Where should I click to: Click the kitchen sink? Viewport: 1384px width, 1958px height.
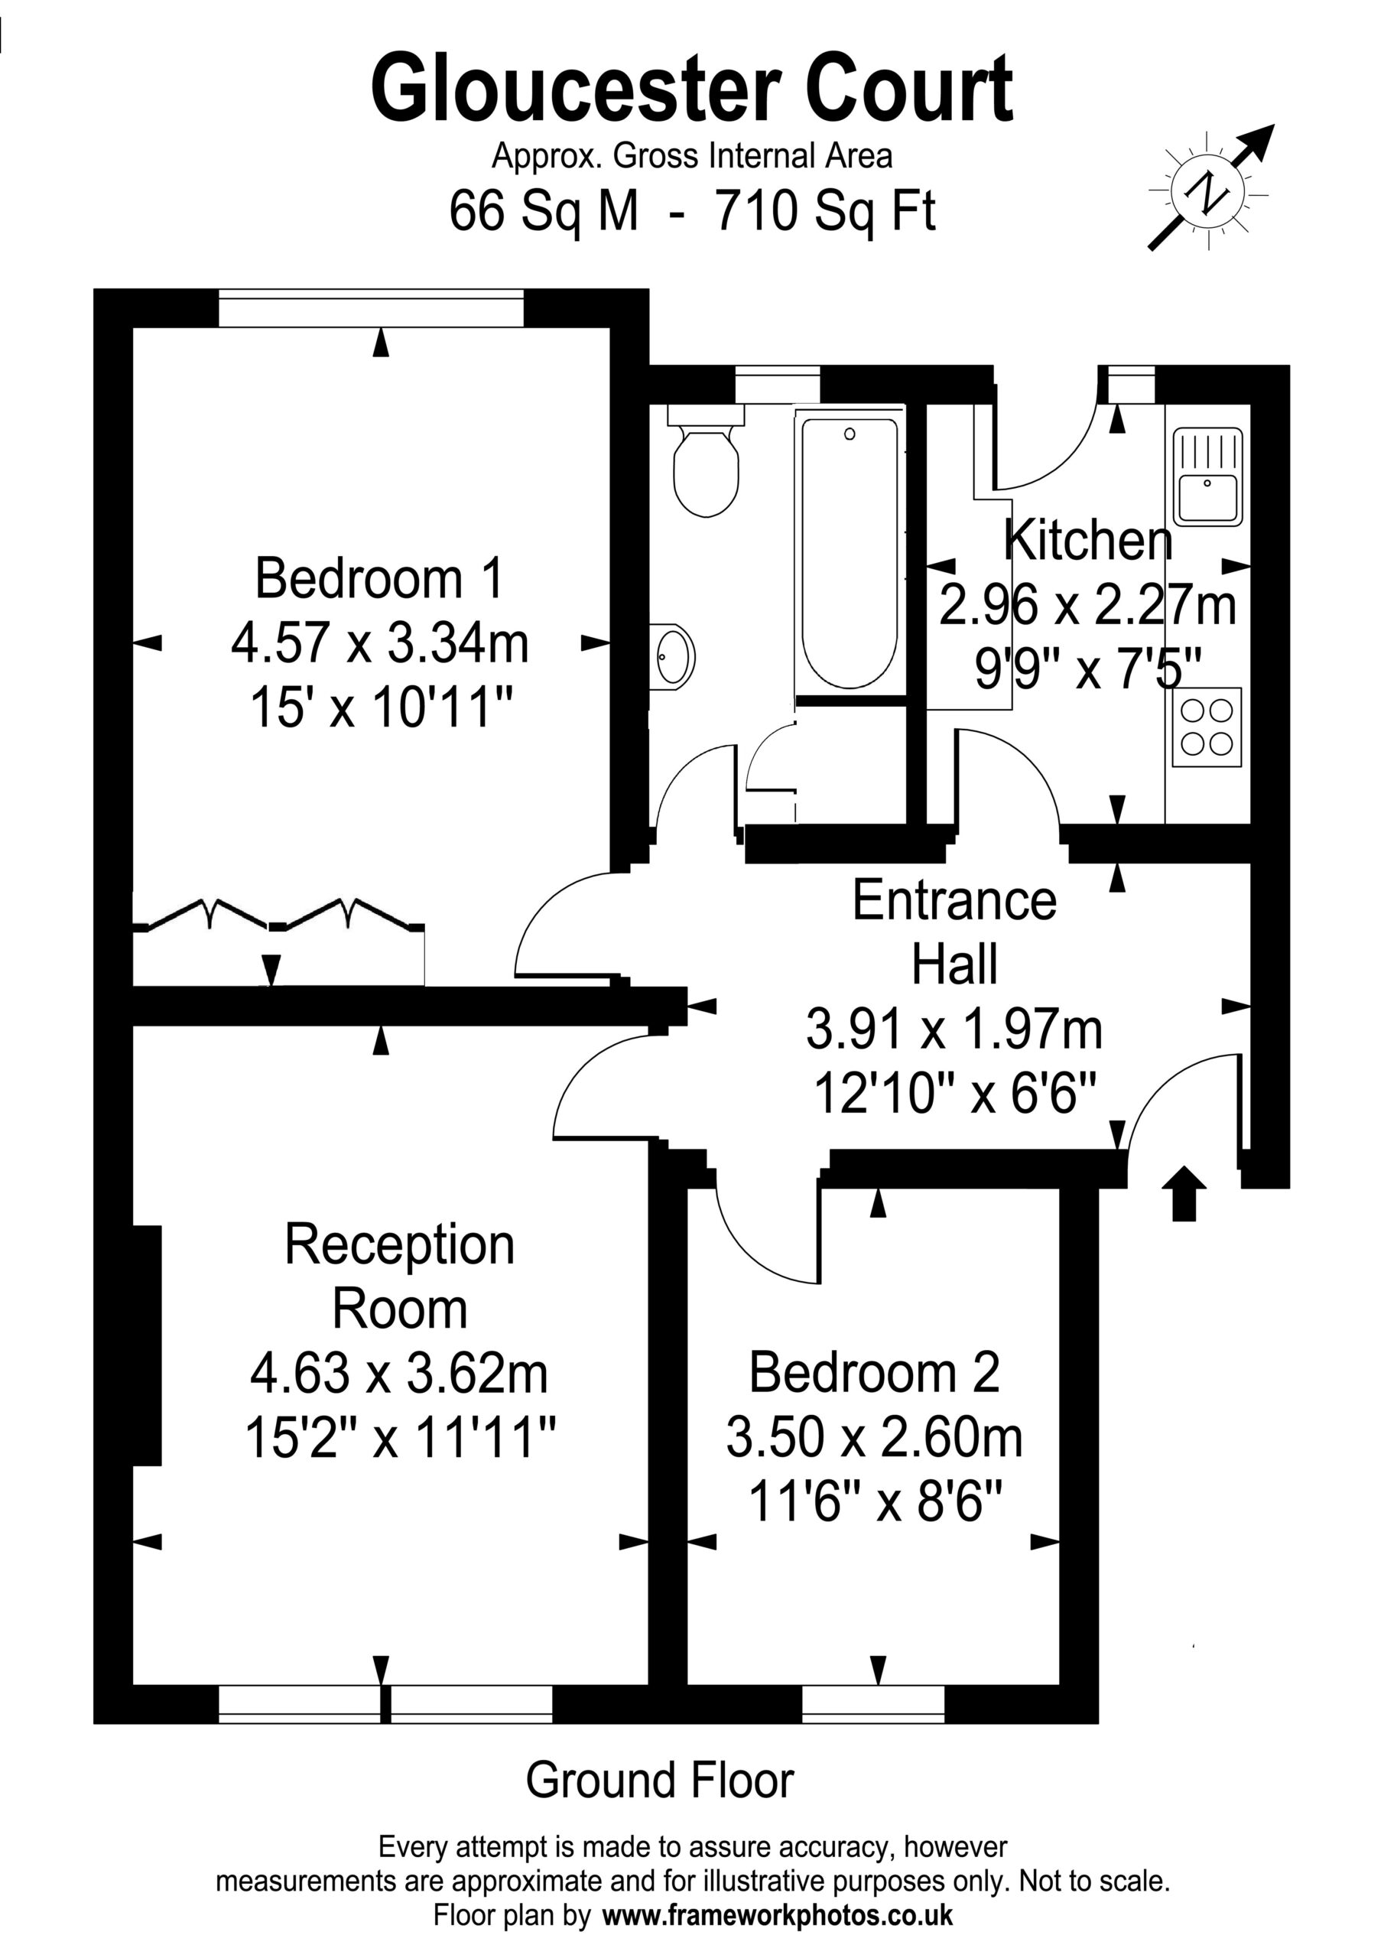point(1207,476)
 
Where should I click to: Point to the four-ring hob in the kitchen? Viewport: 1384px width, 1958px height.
point(1207,727)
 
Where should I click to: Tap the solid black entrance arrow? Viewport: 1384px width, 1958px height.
point(1184,1193)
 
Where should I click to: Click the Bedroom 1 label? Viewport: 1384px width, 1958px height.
point(380,578)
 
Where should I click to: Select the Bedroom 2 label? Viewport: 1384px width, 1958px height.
point(874,1372)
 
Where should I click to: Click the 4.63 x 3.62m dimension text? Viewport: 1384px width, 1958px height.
point(399,1374)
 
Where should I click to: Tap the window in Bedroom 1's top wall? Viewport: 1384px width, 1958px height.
point(371,308)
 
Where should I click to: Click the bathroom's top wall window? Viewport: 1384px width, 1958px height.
point(778,384)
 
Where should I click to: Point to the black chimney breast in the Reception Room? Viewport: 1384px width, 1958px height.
point(147,1345)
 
